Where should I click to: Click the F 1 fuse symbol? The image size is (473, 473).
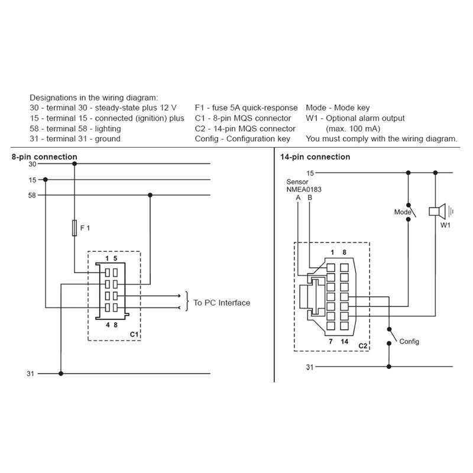pos(74,228)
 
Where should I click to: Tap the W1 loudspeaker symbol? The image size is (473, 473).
pos(438,211)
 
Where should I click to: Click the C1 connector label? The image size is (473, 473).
pos(134,334)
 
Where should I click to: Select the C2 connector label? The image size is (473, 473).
pos(363,346)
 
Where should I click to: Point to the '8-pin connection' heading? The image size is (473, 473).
pos(44,157)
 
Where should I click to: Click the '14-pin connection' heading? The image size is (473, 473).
pos(315,157)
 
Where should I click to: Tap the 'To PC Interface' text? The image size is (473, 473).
pos(222,303)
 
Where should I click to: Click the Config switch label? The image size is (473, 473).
pos(409,342)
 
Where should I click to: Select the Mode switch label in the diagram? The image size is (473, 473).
pos(403,212)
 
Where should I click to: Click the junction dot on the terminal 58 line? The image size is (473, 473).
pos(150,195)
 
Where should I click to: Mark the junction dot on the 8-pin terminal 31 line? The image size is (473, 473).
pos(61,374)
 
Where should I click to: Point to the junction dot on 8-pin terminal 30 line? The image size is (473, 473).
pos(74,164)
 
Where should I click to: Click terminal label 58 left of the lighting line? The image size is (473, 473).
pos(32,196)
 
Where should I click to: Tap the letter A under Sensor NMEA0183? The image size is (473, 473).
pos(298,198)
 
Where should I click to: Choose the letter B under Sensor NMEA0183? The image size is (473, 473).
pos(310,198)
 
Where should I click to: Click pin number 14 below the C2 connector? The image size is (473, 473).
pos(345,342)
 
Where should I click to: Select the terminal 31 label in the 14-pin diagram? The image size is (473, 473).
pos(310,367)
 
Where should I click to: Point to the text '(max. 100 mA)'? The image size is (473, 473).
pos(353,129)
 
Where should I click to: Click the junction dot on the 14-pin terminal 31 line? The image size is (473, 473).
pos(389,367)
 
